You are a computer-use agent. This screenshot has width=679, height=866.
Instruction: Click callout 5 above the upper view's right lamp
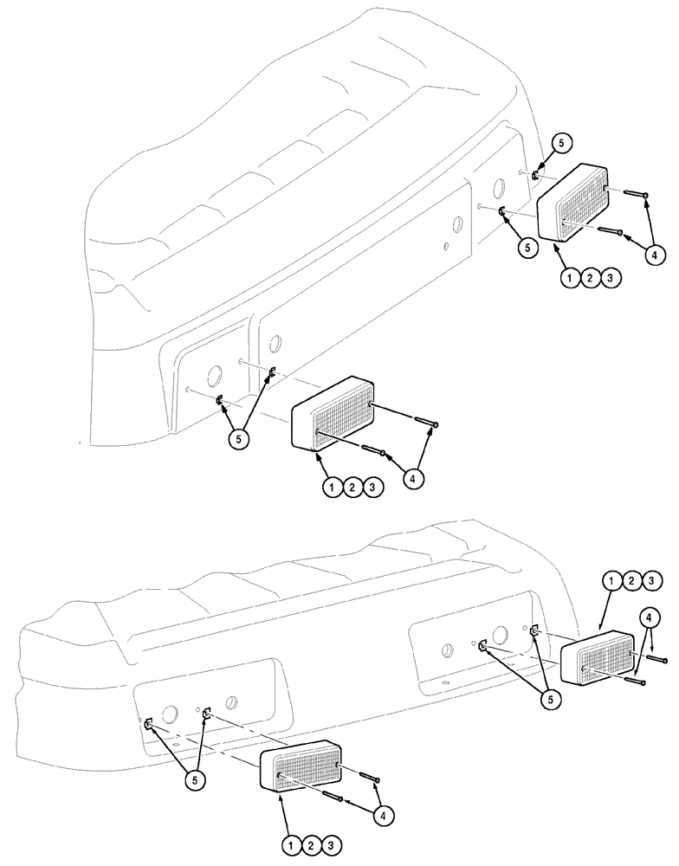tap(560, 144)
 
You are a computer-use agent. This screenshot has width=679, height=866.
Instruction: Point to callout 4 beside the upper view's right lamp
tap(655, 255)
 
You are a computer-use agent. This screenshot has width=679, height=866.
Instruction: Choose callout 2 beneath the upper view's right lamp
tap(591, 278)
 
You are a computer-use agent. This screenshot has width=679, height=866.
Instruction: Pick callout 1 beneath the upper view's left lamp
tap(333, 488)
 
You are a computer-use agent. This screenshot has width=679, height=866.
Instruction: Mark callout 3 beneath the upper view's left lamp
tap(372, 488)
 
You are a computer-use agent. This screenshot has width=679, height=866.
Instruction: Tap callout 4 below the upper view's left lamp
tap(413, 477)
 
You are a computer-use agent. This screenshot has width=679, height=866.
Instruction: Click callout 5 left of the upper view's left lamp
tap(240, 438)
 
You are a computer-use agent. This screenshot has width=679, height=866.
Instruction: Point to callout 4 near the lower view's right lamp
tap(648, 617)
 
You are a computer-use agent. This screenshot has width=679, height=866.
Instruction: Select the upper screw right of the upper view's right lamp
tap(634, 194)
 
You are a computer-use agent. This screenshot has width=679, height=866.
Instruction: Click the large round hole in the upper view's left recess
tap(212, 377)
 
